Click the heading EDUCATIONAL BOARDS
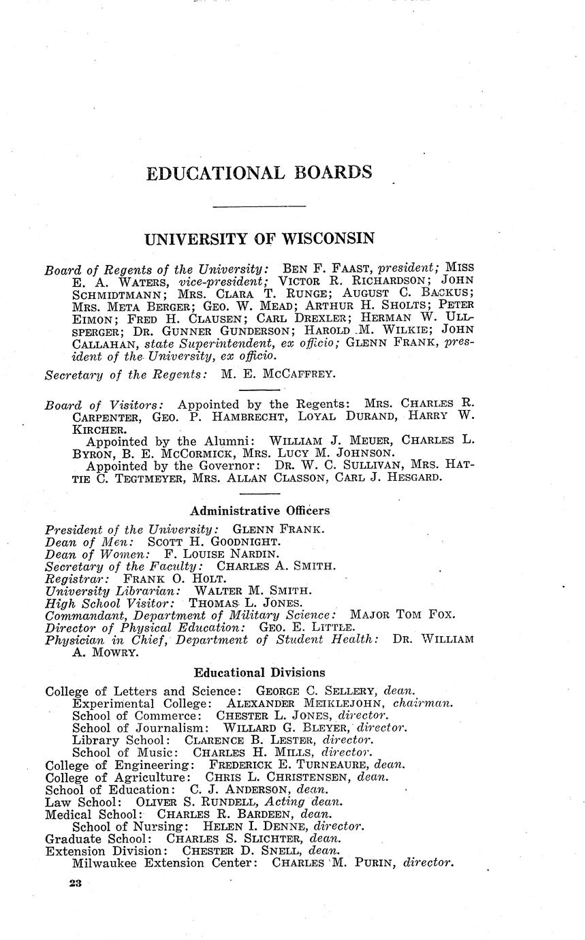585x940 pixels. [x=259, y=173]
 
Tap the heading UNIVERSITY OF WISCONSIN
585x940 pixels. [x=259, y=239]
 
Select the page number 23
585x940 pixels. [x=75, y=883]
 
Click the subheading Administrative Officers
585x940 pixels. [x=259, y=510]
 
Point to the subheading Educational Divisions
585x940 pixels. [x=259, y=672]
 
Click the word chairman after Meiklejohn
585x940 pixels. [x=424, y=703]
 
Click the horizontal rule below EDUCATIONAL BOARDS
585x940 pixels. [x=259, y=206]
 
